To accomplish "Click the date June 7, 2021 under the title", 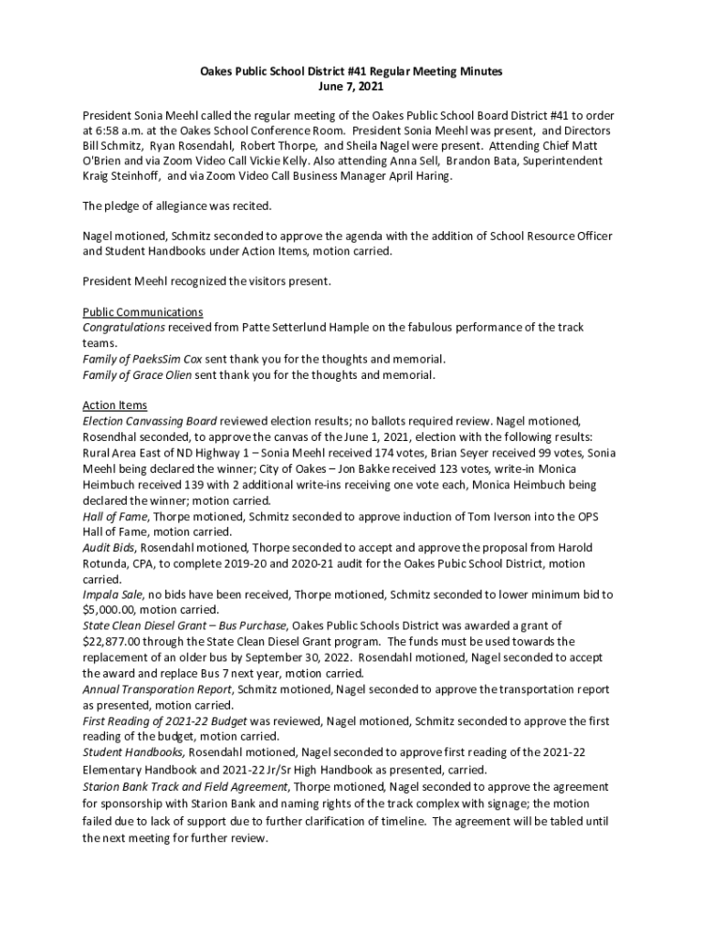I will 351,87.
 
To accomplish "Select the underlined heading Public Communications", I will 142,312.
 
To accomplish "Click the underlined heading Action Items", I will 114,405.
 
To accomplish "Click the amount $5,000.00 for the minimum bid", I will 111,609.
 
